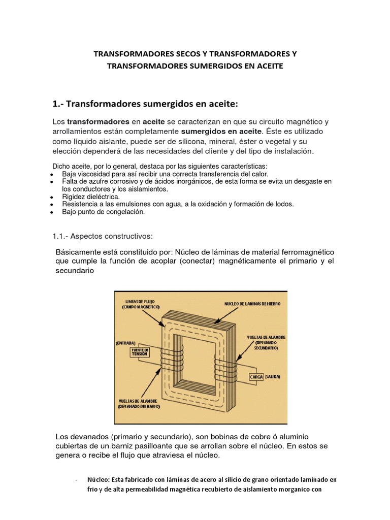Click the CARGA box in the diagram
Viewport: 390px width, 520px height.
[258, 377]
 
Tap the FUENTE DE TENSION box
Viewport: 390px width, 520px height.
[140, 352]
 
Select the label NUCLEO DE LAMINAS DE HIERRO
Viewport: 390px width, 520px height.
[252, 304]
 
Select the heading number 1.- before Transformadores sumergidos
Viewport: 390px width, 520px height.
[57, 104]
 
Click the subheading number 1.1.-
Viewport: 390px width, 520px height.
[61, 236]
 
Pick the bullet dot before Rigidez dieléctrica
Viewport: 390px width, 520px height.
[52, 197]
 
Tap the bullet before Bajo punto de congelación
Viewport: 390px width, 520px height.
[52, 212]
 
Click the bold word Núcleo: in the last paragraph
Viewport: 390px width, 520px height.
[101, 479]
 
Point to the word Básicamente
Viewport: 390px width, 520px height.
[78, 252]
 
